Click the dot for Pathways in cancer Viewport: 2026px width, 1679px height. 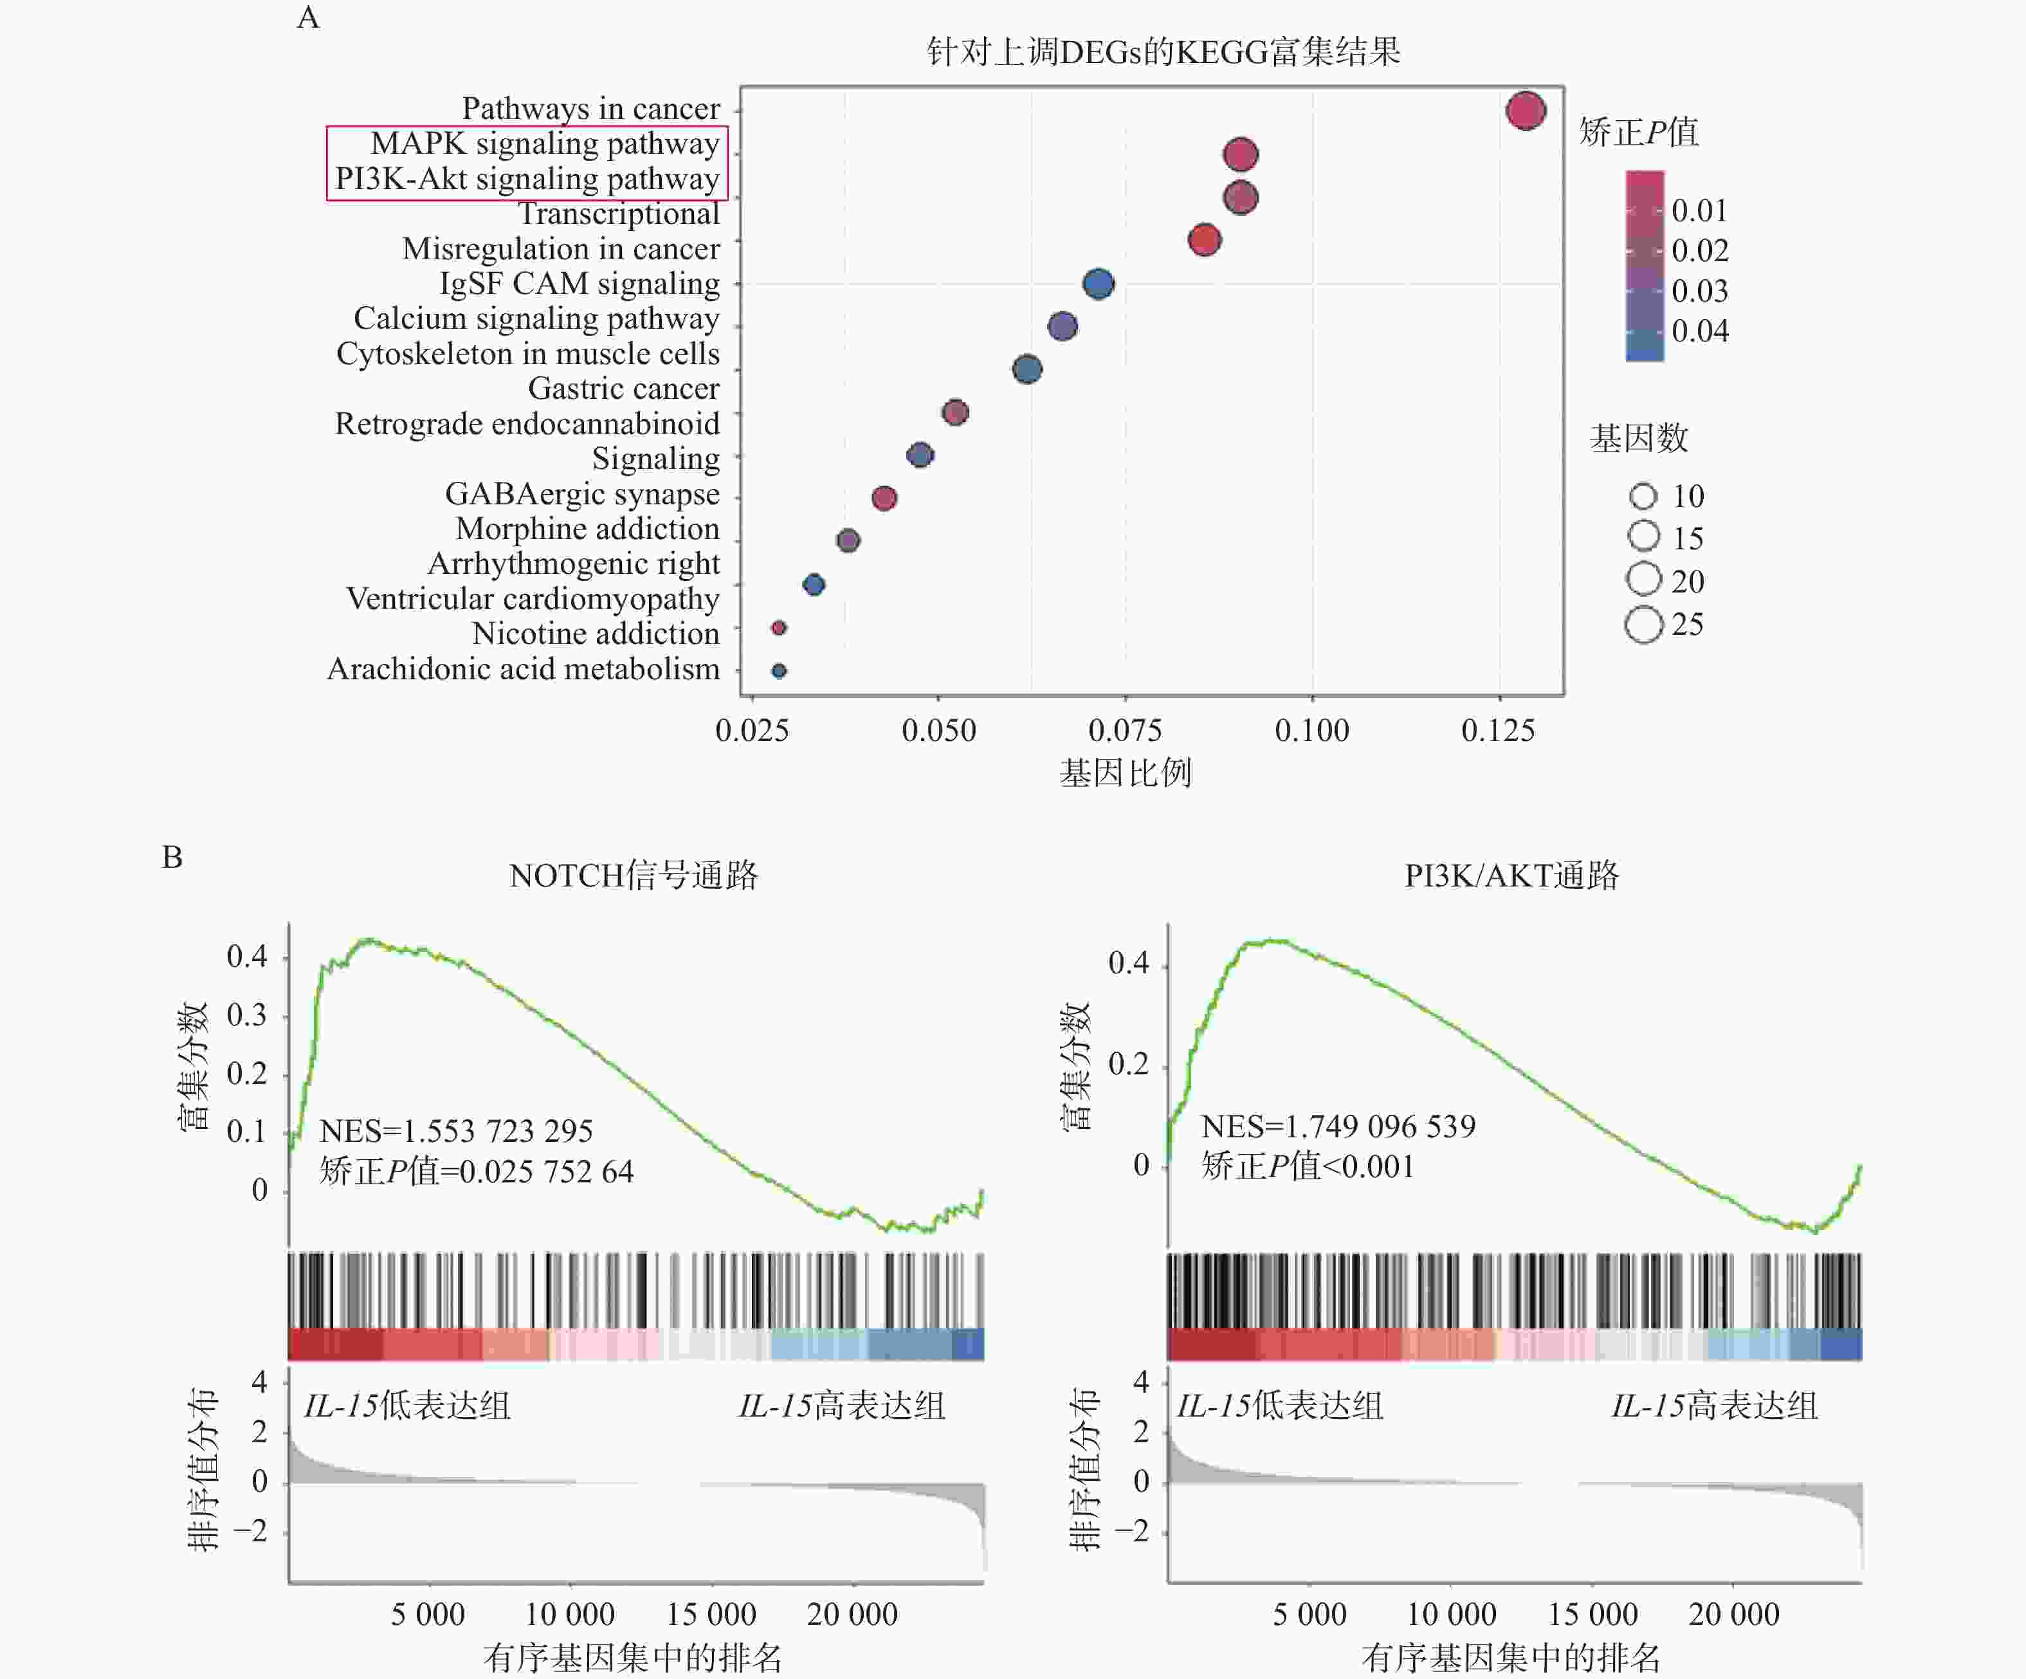click(1526, 111)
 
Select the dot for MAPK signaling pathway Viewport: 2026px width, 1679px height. click(1241, 154)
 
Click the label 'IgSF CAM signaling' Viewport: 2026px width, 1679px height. click(580, 284)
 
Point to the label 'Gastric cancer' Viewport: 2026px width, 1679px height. click(623, 389)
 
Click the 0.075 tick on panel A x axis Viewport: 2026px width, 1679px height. click(1125, 731)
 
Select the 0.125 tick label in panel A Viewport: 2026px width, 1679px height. click(1499, 731)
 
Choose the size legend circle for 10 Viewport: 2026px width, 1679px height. click(1643, 496)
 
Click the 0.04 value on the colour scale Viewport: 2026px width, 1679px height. click(1700, 331)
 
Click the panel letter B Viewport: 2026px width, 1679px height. click(172, 857)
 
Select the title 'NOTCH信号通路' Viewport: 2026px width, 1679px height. click(634, 875)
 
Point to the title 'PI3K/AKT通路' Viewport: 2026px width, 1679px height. click(1511, 875)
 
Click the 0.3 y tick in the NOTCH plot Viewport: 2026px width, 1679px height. click(247, 1015)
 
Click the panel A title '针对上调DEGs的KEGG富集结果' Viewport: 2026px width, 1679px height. click(1164, 51)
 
